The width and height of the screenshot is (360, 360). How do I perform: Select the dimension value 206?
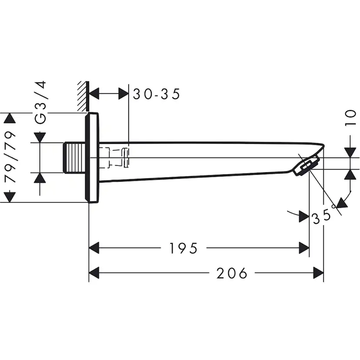click(232, 273)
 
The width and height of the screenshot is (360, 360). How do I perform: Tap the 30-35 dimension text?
click(157, 94)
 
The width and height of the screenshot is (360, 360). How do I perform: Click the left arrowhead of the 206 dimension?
click(94, 273)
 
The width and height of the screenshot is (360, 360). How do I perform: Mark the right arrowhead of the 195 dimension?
click(304, 248)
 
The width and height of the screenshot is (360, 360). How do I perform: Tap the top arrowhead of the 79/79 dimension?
click(10, 119)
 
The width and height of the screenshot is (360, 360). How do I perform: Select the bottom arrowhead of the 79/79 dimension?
click(10, 197)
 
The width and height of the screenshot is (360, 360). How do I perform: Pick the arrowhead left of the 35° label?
click(304, 217)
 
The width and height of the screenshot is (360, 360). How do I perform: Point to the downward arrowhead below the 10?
click(350, 152)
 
